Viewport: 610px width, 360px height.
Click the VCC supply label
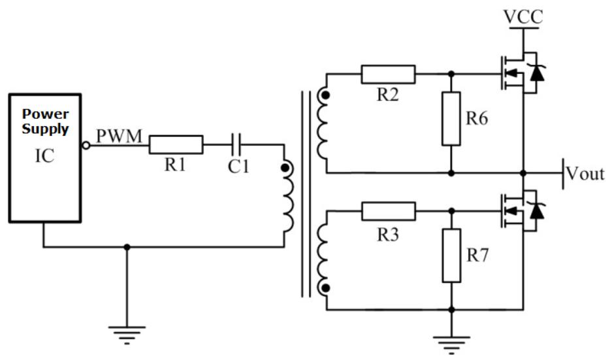click(523, 17)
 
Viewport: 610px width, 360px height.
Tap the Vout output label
click(585, 174)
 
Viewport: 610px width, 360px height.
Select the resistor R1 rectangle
click(176, 145)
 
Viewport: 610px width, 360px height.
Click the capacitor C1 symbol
click(236, 145)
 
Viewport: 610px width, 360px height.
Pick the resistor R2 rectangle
click(388, 74)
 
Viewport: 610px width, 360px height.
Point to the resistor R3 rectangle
click(389, 211)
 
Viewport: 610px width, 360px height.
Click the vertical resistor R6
click(451, 119)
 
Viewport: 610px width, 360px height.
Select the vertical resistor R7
click(452, 255)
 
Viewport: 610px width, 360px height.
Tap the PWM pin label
click(119, 136)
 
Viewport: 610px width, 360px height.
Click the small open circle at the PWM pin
click(86, 145)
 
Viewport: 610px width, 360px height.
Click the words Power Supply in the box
click(45, 121)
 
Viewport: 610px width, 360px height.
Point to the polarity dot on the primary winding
click(285, 168)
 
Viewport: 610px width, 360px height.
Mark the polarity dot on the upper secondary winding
click(326, 95)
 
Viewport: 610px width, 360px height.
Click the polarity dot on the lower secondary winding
click(326, 288)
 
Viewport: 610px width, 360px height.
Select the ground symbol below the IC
click(127, 335)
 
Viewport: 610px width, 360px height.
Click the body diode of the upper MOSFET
click(537, 73)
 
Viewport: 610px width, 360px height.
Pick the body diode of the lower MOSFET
click(537, 210)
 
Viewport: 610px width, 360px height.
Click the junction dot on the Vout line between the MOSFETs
click(523, 172)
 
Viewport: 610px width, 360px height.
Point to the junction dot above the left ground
click(127, 247)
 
